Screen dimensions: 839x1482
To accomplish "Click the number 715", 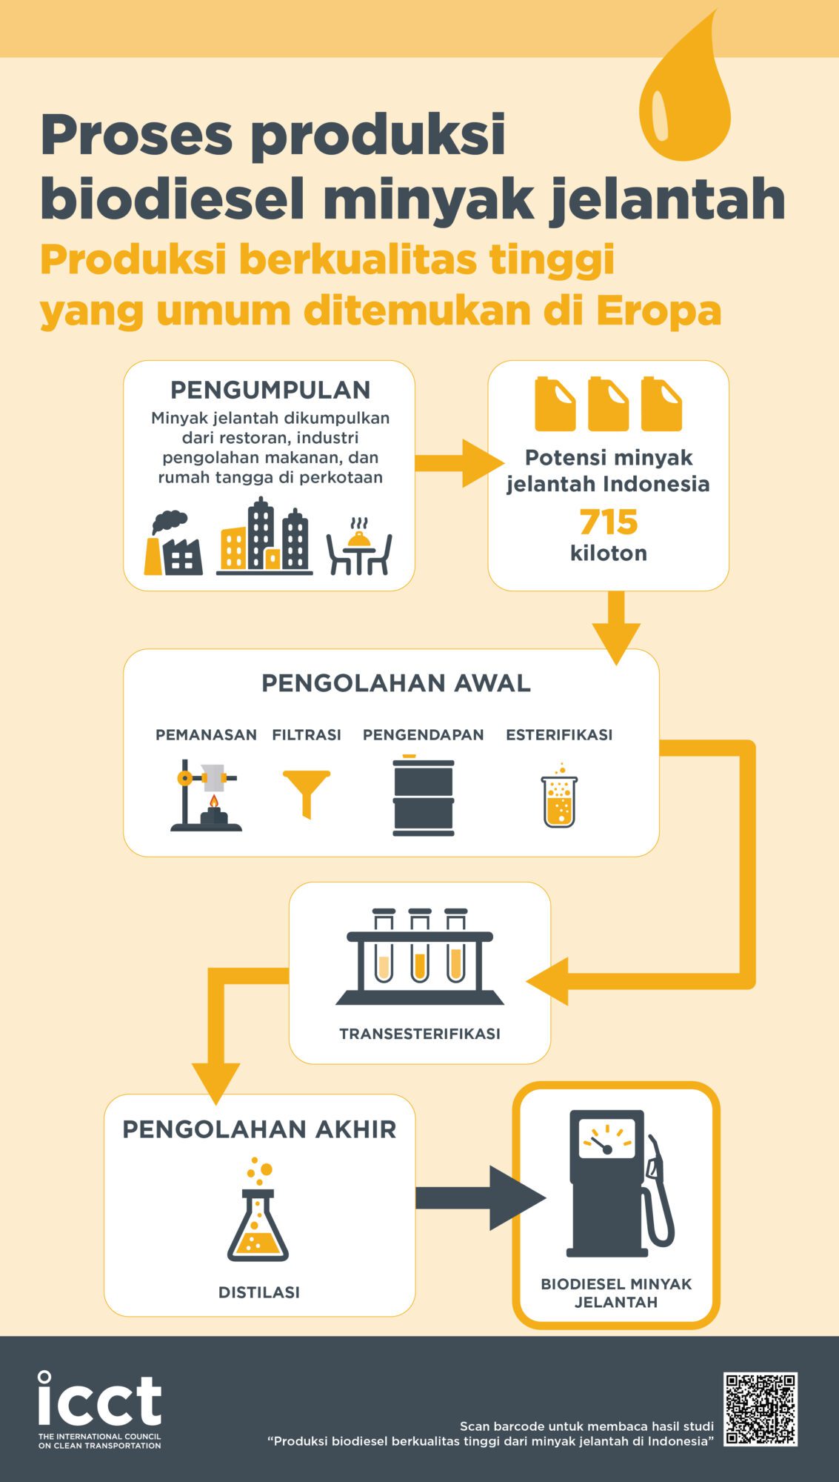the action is point(609,522).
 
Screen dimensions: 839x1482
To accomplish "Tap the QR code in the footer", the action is point(761,1409).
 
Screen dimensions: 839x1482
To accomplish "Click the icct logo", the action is point(100,1409).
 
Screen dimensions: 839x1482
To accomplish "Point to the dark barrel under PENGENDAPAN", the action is point(423,795).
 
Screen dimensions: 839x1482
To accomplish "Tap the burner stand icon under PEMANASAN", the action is point(206,795).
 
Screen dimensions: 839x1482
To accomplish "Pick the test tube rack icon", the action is point(420,957).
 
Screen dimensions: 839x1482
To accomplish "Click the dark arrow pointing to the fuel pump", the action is point(481,1198).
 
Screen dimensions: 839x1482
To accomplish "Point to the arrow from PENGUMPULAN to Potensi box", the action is point(459,463).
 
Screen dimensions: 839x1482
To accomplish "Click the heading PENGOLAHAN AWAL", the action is point(396,683).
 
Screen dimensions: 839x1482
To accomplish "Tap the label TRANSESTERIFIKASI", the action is point(420,1034).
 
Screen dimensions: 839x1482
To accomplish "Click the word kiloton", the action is point(609,554).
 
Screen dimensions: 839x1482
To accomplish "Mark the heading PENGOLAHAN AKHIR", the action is point(259,1129).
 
